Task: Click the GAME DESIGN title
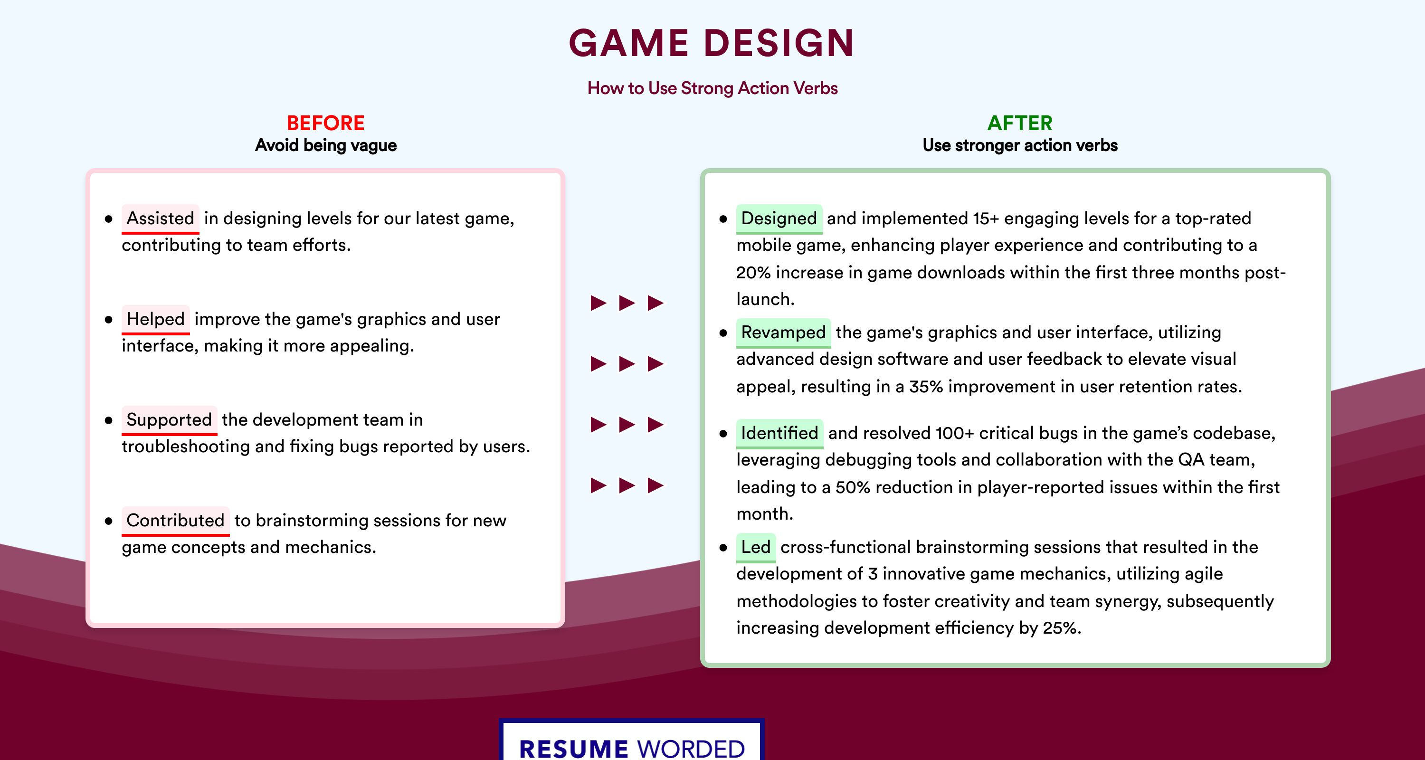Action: (x=712, y=43)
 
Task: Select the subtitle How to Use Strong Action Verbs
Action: (x=712, y=88)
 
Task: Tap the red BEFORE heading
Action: (x=326, y=123)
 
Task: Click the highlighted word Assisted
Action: (x=161, y=218)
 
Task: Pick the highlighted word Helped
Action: (x=155, y=319)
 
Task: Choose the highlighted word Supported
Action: (x=169, y=420)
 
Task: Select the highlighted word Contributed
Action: (x=175, y=521)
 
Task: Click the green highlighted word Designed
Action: (x=779, y=218)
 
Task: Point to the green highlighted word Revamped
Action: (x=783, y=332)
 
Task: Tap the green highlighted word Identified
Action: (x=779, y=433)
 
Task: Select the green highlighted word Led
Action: (x=756, y=547)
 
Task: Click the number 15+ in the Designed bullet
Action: (x=986, y=218)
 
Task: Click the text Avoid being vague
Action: (x=326, y=145)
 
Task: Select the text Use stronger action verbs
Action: (x=1020, y=145)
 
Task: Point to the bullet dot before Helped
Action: (x=108, y=320)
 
